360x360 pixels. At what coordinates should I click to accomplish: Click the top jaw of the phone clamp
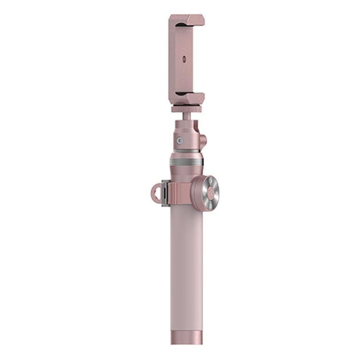tap(187, 20)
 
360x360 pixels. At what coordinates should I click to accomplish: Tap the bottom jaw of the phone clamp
tap(187, 98)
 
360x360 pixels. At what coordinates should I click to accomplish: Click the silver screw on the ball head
tap(180, 141)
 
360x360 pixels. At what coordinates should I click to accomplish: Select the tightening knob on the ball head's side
tap(203, 141)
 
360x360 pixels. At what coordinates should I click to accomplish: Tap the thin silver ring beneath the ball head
tap(186, 152)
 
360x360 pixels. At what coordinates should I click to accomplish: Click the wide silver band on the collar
tap(186, 162)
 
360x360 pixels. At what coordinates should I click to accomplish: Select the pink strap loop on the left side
tap(156, 193)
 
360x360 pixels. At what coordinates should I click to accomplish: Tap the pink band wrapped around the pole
tap(180, 192)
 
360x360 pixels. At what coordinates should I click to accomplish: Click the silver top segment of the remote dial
tap(211, 182)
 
